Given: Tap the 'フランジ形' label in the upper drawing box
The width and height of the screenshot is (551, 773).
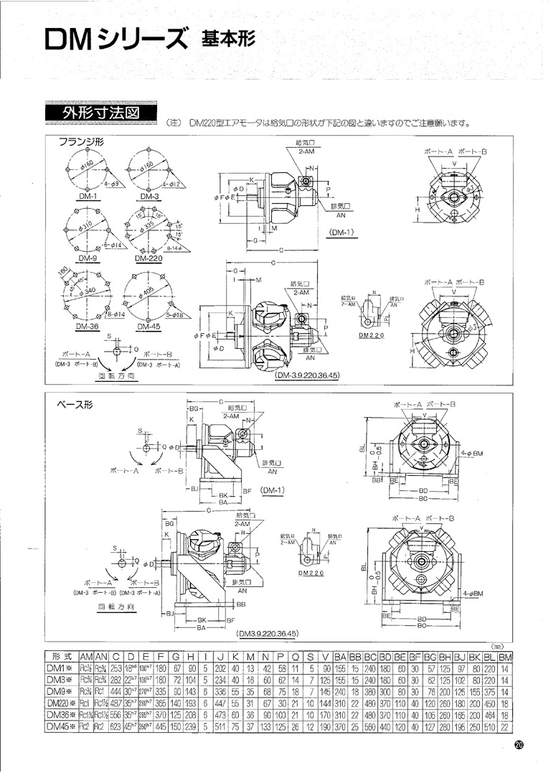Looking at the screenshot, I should click(81, 142).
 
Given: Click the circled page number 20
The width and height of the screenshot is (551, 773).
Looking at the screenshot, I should click(519, 746).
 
